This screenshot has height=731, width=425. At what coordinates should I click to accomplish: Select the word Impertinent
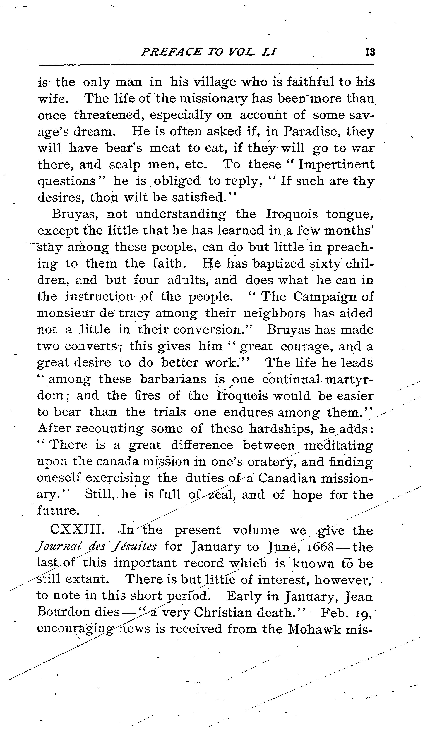(337, 164)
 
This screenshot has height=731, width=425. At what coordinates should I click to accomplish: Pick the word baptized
(278, 263)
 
